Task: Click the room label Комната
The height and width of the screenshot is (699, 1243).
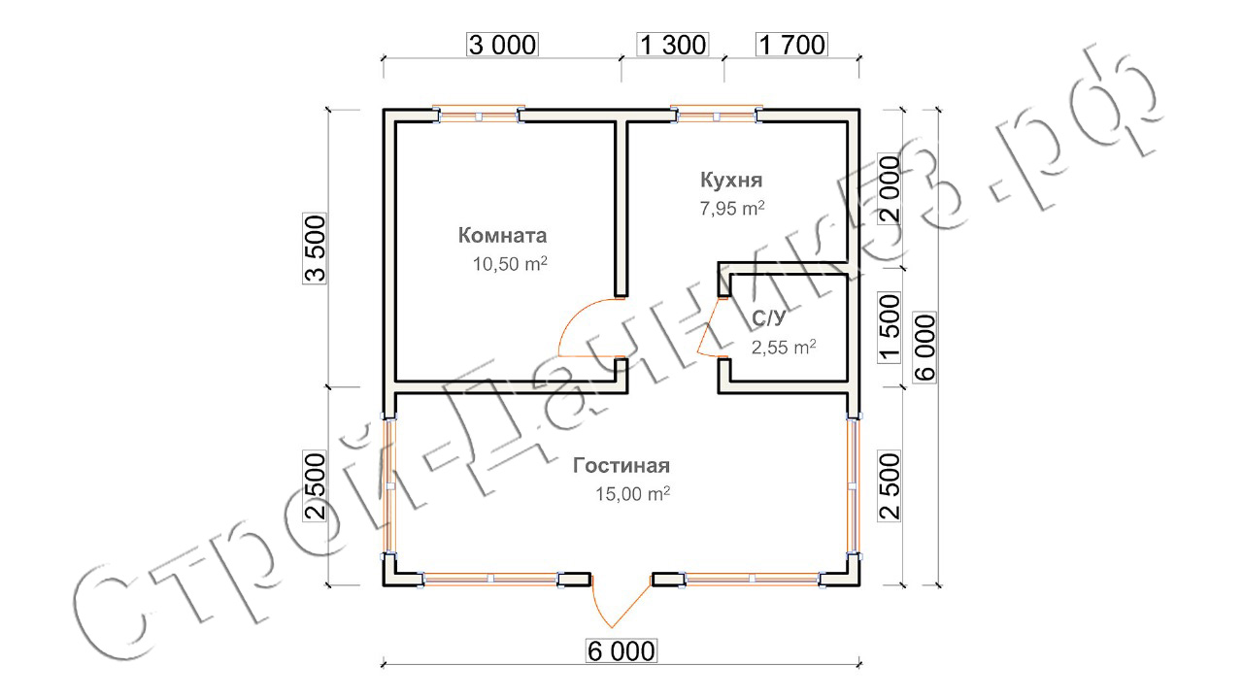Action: point(502,235)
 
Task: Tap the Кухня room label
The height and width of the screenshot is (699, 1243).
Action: point(731,180)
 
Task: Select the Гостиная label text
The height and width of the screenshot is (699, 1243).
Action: point(621,465)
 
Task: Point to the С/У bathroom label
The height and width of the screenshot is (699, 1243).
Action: point(768,318)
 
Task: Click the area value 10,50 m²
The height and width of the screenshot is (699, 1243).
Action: point(510,264)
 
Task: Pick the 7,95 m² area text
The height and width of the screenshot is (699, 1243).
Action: point(732,208)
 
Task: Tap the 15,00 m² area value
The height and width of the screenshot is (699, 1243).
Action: point(632,494)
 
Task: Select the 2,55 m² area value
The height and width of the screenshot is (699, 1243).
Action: point(784,348)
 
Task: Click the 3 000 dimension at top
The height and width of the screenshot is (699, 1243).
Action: point(503,45)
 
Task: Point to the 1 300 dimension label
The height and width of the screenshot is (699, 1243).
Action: point(673,45)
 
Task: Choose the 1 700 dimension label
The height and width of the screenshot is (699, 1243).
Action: point(791,45)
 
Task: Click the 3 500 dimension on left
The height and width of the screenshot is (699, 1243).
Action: point(315,250)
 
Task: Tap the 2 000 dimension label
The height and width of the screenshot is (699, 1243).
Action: point(890,189)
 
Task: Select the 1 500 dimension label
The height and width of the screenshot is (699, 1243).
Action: point(890,328)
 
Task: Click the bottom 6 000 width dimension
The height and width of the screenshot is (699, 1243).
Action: point(621,650)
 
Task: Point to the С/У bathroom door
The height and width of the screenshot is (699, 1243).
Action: point(708,327)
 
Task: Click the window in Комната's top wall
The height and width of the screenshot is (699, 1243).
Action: point(479,116)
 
